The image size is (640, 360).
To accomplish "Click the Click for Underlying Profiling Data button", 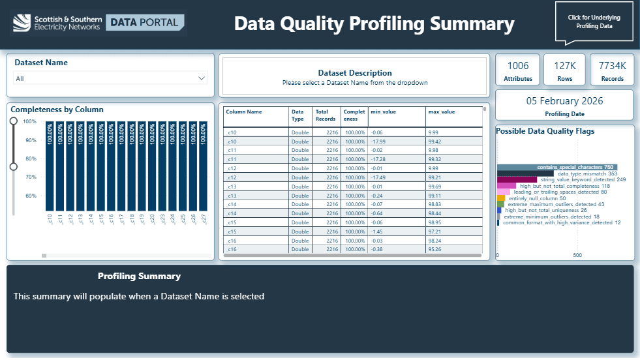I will tap(594, 22).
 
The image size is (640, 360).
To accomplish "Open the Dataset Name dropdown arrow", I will tap(201, 78).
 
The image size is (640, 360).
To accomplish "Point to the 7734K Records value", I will tap(612, 66).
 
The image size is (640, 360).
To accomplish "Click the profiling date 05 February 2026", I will tap(564, 101).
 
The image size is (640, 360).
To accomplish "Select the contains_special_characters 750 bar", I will tap(556, 167).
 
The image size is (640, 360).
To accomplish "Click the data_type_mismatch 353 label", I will tap(587, 174).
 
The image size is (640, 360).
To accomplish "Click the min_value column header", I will tap(383, 112).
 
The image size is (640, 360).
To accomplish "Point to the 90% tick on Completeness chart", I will tap(30, 140).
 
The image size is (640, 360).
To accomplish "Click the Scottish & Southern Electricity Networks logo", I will tap(57, 23).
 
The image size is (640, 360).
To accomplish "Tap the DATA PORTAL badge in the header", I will tap(144, 23).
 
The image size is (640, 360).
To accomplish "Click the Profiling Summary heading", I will tap(139, 276).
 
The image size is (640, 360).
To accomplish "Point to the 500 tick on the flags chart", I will tap(577, 255).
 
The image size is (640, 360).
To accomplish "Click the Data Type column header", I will tap(297, 115).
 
